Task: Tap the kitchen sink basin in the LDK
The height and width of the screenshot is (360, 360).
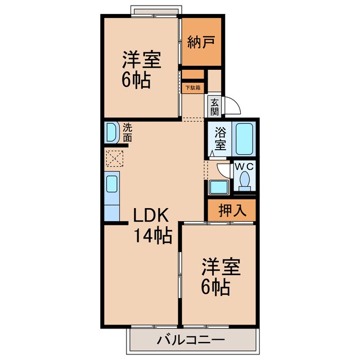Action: point(111,184)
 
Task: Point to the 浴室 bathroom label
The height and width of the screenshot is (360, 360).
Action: point(220,138)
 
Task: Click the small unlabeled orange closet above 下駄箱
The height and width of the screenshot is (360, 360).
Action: point(192,74)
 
